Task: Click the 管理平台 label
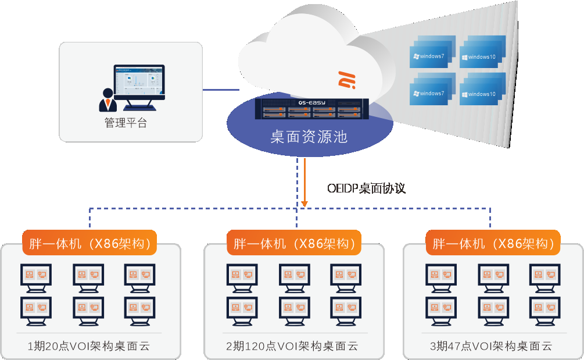click(x=126, y=123)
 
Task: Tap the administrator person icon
click(x=108, y=100)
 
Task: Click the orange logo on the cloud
click(x=347, y=80)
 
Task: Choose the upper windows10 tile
click(x=482, y=56)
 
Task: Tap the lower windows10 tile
click(x=482, y=93)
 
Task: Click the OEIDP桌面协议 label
click(x=366, y=188)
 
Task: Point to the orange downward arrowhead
click(x=305, y=203)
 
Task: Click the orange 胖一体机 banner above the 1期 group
click(x=90, y=243)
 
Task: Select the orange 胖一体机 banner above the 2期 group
click(x=294, y=243)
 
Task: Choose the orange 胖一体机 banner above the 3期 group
click(x=493, y=243)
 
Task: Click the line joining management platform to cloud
click(x=221, y=90)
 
